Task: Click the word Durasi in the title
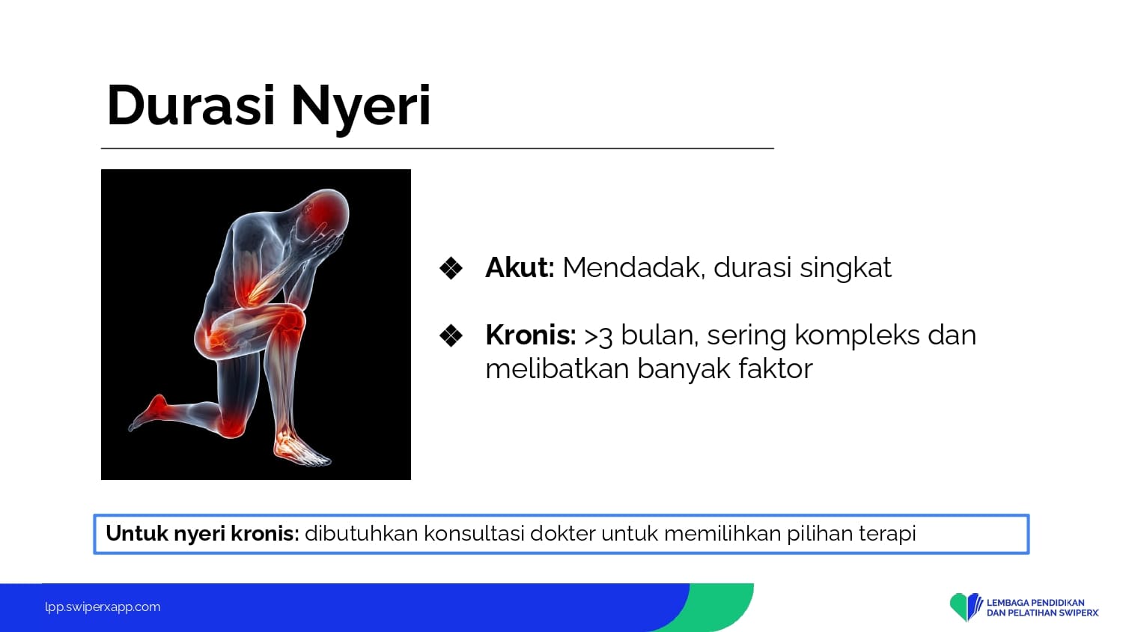[191, 106]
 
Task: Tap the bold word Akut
[520, 267]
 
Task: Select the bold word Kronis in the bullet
[530, 335]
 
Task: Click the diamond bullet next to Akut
[451, 268]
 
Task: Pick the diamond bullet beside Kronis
[451, 335]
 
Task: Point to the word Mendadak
[633, 268]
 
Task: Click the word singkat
[845, 269]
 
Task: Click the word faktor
[775, 368]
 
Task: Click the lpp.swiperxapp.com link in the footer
[103, 607]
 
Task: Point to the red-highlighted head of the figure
[327, 210]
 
